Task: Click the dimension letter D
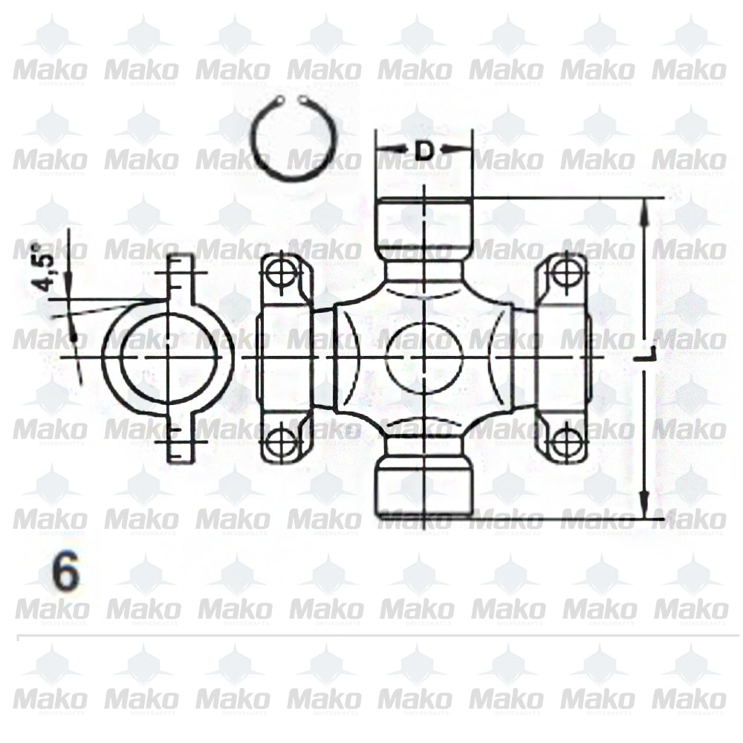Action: click(424, 151)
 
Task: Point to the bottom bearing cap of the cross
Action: click(424, 487)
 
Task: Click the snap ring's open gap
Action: click(291, 100)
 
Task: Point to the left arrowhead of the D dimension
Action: click(382, 151)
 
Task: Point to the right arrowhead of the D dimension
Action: click(466, 151)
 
